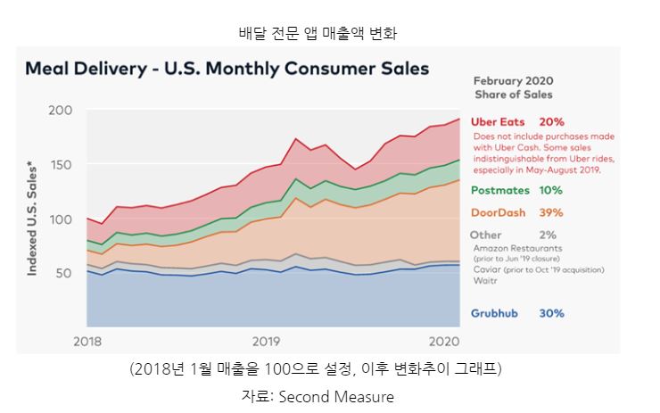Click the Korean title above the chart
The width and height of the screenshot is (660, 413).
(330, 34)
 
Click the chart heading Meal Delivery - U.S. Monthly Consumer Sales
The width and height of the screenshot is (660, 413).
(227, 68)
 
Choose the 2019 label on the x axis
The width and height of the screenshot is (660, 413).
(266, 341)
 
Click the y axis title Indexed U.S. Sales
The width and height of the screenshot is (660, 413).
(32, 219)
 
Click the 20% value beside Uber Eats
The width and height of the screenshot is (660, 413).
(552, 121)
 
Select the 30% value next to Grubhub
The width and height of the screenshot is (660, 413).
(552, 313)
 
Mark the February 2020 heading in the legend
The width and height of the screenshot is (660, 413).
(513, 80)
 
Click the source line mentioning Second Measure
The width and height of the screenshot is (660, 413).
(330, 395)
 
